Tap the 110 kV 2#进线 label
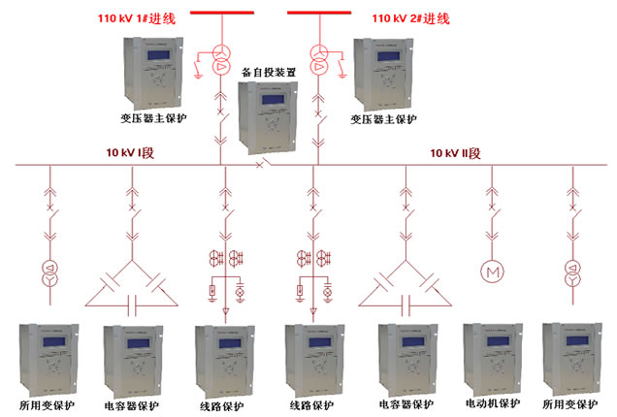[x=410, y=18]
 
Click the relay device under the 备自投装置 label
[x=268, y=116]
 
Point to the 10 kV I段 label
[x=134, y=153]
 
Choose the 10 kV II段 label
[x=456, y=153]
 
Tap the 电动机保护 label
[x=492, y=403]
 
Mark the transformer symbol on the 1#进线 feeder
[x=222, y=59]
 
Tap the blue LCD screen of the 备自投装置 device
[x=268, y=100]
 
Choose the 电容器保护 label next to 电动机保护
[x=406, y=403]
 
